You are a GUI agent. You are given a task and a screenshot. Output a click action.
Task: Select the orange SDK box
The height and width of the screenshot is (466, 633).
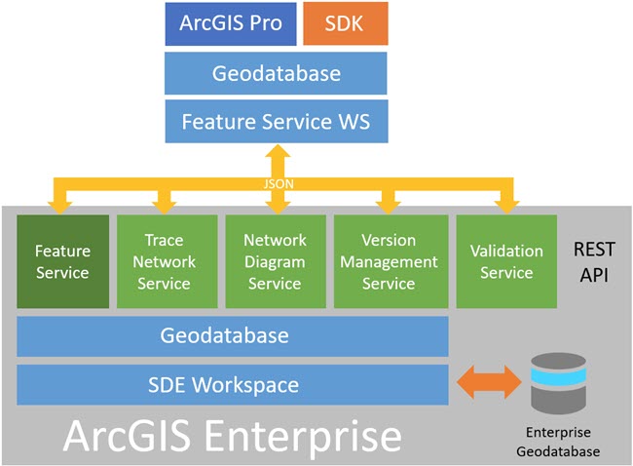[x=345, y=24]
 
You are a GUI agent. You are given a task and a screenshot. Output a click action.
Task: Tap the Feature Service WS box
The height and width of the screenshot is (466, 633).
[x=276, y=123]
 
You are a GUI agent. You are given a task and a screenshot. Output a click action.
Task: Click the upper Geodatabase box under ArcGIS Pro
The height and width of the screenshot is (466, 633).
[x=276, y=73]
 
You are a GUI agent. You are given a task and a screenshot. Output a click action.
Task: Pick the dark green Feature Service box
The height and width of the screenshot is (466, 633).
[x=62, y=261]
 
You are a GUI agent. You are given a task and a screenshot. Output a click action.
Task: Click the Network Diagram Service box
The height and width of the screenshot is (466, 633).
[x=275, y=261]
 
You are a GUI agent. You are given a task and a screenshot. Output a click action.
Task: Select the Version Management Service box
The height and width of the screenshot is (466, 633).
[x=388, y=261]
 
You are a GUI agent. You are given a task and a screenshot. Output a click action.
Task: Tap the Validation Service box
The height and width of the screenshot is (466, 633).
[x=505, y=261]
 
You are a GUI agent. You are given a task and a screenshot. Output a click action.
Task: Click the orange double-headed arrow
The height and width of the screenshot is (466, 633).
[x=490, y=383]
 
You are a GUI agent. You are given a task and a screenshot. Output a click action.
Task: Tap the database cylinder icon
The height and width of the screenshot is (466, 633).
[x=559, y=383]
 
